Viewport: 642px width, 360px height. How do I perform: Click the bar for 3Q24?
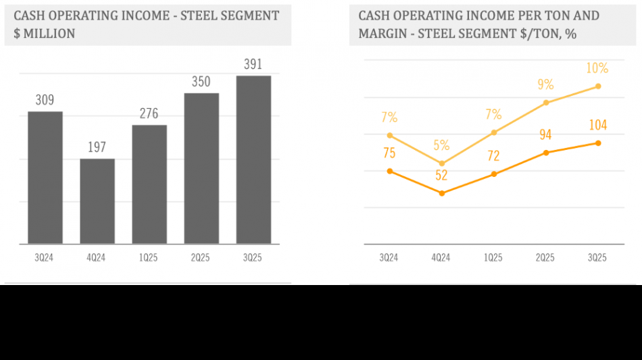pos(45,178)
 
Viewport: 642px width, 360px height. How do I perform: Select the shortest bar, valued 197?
pos(97,201)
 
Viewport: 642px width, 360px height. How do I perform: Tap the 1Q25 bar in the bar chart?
pos(149,184)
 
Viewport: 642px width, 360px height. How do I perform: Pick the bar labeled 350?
pos(201,168)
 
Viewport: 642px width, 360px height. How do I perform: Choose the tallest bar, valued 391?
pos(253,159)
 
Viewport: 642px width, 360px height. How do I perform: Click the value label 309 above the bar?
pos(45,101)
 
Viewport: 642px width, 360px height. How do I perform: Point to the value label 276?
pos(149,113)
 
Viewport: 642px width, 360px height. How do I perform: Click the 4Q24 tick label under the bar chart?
pos(97,258)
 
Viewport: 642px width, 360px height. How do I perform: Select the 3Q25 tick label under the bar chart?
pos(253,258)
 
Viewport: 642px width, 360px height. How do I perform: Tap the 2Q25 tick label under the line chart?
pos(545,258)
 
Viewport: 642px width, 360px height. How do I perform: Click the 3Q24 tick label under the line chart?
pos(389,258)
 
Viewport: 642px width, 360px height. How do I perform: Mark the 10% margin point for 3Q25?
pos(598,86)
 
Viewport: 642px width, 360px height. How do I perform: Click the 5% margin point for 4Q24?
pos(441,163)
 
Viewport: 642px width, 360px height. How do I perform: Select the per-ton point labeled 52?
pos(441,193)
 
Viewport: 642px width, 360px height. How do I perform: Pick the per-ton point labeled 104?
pos(598,143)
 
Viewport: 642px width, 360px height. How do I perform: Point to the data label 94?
pos(545,135)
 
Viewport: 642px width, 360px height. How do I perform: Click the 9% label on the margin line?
pos(545,85)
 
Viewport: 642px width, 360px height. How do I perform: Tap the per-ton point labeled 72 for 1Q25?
pos(493,174)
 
